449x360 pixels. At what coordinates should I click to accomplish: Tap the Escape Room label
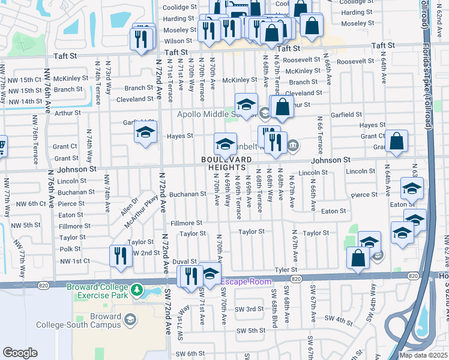tap(246, 281)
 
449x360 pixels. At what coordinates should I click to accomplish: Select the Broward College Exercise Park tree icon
tap(137, 291)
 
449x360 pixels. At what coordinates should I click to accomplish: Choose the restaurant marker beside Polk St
tap(121, 256)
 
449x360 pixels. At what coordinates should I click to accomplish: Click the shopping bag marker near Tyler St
tap(358, 257)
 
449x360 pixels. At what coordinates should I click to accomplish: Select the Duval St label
tap(185, 262)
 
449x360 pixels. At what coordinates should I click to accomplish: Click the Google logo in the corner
tap(20, 353)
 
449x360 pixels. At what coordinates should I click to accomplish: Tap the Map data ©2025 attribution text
tap(423, 355)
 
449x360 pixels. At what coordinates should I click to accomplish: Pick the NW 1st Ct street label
tap(74, 261)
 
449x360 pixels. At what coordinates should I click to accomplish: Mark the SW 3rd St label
tap(250, 309)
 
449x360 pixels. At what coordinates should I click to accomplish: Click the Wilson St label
tap(178, 41)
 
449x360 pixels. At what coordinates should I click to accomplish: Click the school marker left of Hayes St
tap(145, 135)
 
